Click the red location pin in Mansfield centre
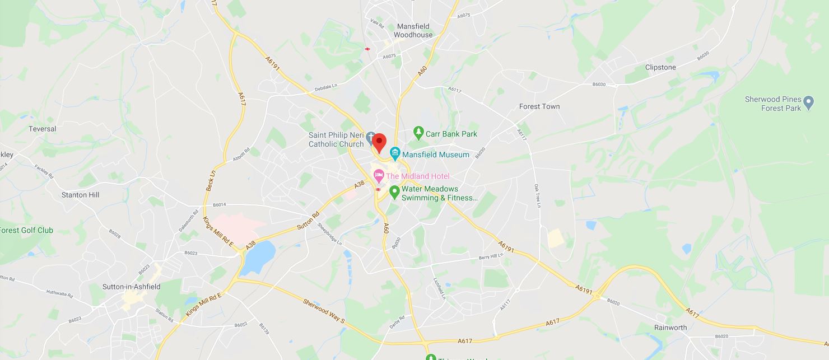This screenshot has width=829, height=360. [379, 142]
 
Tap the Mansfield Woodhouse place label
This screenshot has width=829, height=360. [414, 30]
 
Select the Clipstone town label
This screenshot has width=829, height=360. [660, 67]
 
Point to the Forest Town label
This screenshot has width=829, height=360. [539, 106]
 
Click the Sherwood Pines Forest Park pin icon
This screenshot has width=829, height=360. [808, 103]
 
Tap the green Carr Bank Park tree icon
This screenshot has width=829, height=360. [418, 133]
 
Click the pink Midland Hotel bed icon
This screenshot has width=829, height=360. [379, 176]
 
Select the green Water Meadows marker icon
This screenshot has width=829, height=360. [394, 193]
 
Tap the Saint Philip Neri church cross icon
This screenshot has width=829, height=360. [371, 137]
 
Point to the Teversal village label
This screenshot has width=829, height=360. [43, 129]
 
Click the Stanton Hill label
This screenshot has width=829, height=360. [81, 195]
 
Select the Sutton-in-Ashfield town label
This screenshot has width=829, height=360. [131, 287]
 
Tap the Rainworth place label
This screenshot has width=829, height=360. [670, 328]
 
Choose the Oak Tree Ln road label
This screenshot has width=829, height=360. [538, 197]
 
